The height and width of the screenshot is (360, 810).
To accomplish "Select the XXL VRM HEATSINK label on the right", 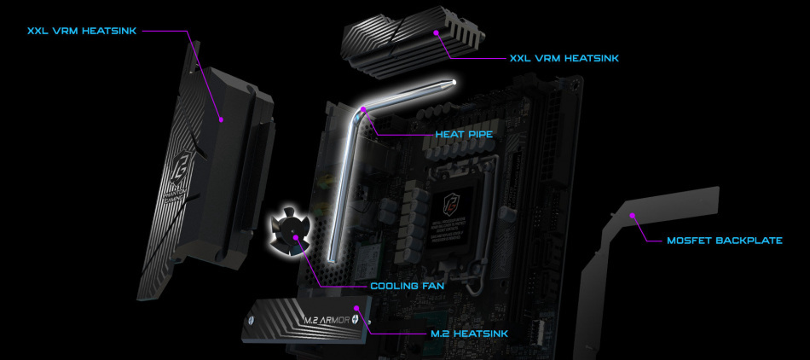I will tap(564, 58).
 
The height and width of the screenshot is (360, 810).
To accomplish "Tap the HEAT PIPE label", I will tap(464, 134).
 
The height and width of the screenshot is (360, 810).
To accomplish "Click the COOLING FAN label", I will tap(407, 285).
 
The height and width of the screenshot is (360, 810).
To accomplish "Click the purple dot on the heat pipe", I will tap(364, 109).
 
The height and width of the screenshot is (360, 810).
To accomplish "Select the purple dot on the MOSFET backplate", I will tap(633, 216).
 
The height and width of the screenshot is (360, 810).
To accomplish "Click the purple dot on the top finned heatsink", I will tap(435, 32).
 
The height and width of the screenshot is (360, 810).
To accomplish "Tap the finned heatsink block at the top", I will tap(409, 43).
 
